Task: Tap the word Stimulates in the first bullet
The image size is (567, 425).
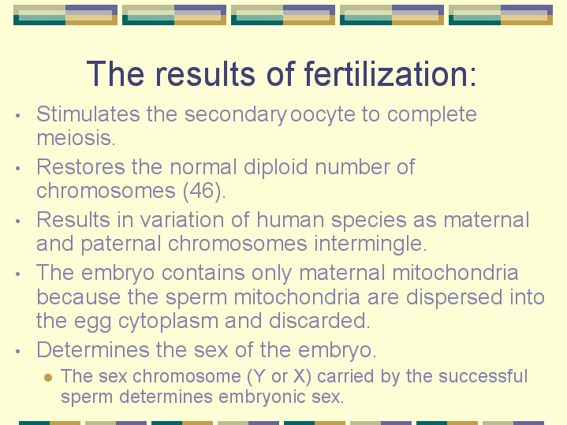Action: (88, 114)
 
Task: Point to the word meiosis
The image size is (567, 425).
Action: (76, 138)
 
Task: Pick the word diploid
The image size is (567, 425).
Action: (275, 168)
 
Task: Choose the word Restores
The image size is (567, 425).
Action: (80, 167)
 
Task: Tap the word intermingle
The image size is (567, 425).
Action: (371, 244)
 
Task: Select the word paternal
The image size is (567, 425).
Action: (121, 244)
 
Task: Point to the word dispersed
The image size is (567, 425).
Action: (453, 298)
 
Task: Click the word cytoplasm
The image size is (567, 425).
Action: (168, 322)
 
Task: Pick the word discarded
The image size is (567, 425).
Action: (319, 321)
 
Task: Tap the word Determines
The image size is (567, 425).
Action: (93, 350)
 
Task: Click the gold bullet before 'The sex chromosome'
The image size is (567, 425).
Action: (48, 378)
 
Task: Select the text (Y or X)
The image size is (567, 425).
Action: (279, 377)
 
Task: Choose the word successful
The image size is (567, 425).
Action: (483, 376)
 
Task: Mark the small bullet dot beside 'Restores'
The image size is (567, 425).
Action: (17, 168)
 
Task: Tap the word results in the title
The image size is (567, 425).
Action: (205, 74)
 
